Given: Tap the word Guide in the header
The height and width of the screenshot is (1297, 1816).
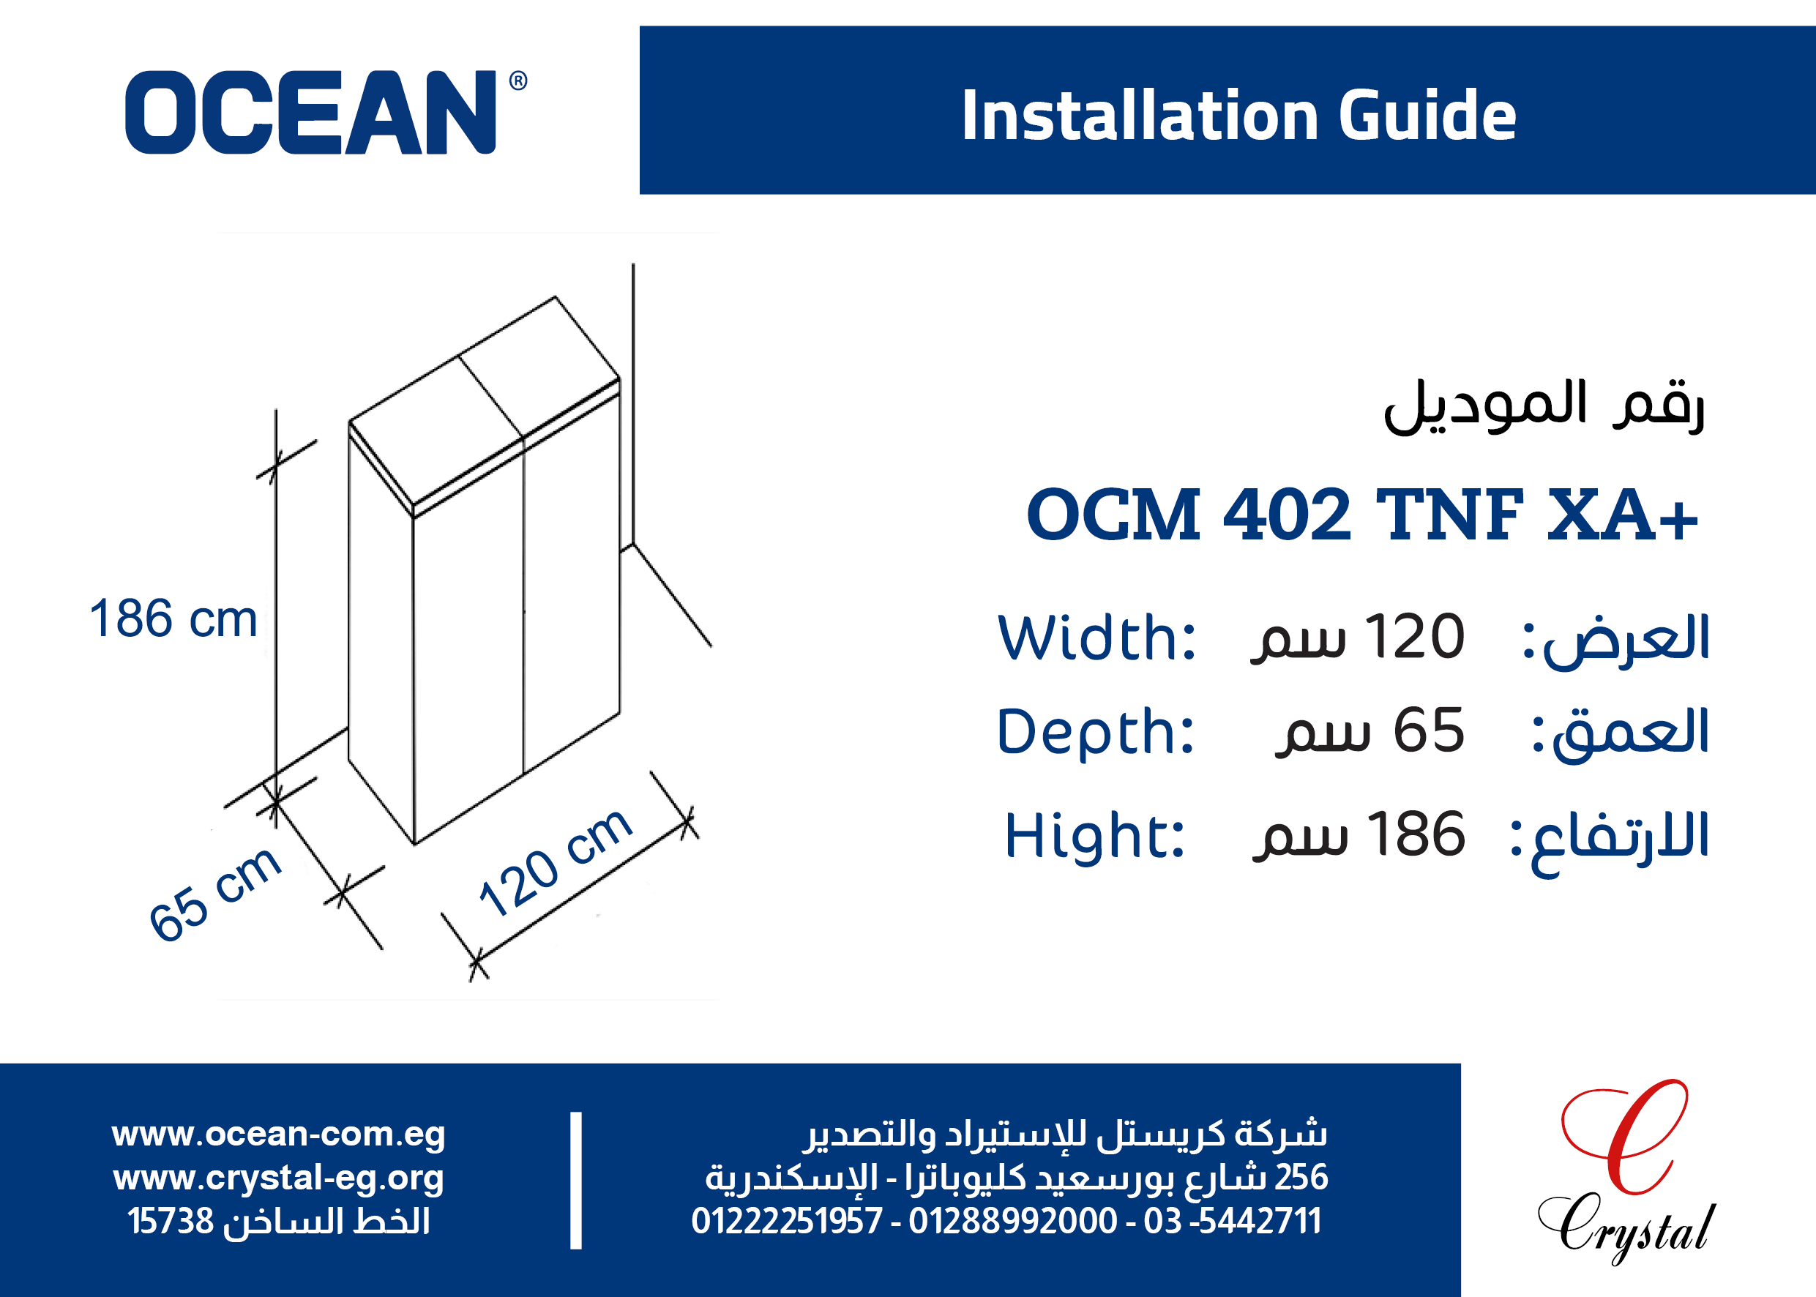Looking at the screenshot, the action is point(1427,116).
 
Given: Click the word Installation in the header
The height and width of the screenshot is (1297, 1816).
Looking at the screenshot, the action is point(1140,116).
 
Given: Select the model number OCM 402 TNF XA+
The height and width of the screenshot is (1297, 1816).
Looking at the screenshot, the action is point(1361,515).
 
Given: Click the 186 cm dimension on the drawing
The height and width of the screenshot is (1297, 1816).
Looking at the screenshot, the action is point(173,618).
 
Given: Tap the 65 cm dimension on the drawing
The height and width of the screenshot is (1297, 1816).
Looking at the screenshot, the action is point(214,894).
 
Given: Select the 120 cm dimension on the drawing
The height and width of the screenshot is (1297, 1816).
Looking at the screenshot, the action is point(556,862).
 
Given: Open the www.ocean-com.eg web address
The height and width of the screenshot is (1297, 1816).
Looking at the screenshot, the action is point(278,1134).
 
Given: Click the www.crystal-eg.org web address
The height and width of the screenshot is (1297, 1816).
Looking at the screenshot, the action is point(278,1178).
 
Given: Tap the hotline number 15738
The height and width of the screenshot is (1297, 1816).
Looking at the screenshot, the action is point(170,1221).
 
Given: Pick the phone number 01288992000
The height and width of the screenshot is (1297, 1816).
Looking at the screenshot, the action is point(1012,1221).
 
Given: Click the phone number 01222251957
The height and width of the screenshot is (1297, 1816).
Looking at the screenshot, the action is point(787,1221).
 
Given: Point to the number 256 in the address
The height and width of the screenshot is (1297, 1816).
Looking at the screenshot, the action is point(1301,1177).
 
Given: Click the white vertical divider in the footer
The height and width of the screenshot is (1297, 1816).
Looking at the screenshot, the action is point(576,1180).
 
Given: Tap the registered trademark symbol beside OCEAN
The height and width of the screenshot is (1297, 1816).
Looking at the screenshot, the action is point(518,81).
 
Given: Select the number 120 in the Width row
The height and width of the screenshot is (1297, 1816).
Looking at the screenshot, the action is point(1414,638).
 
